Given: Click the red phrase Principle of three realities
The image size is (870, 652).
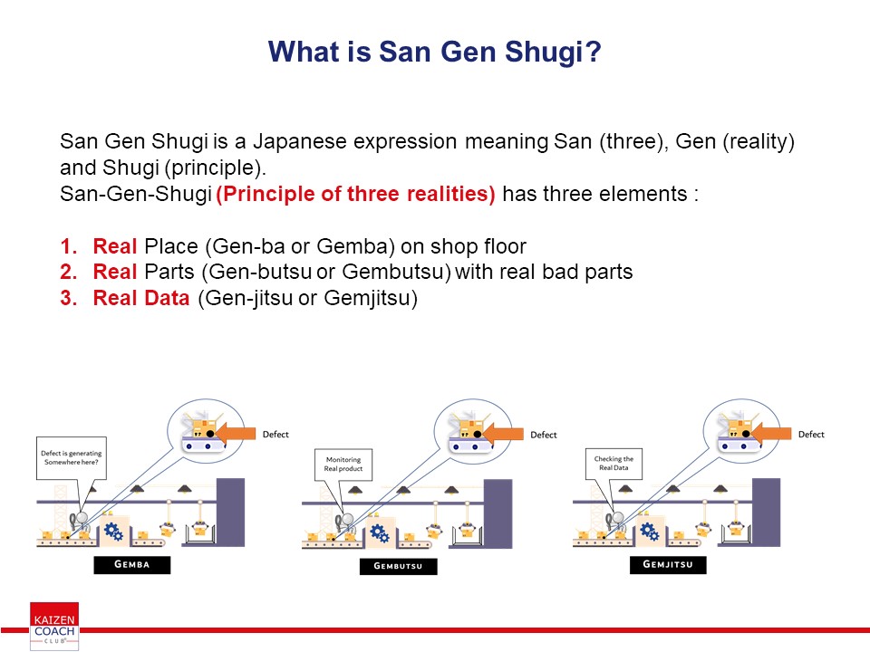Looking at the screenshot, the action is pyautogui.click(x=355, y=194).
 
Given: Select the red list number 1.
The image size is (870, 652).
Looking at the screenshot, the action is pyautogui.click(x=68, y=246).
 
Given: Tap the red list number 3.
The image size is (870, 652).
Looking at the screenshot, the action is pyautogui.click(x=68, y=298).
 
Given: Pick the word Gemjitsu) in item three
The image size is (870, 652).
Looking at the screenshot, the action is pyautogui.click(x=371, y=298).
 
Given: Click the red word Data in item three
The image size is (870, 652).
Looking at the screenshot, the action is pyautogui.click(x=166, y=298).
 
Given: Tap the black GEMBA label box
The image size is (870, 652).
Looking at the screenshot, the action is pyautogui.click(x=132, y=564).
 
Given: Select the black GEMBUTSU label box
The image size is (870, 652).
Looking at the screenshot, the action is pyautogui.click(x=399, y=566).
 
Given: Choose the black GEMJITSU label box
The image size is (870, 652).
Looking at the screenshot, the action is pyautogui.click(x=668, y=564).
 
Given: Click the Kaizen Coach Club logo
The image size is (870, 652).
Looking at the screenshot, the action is pyautogui.click(x=54, y=626).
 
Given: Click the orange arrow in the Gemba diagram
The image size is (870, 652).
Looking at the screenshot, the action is pyautogui.click(x=236, y=433).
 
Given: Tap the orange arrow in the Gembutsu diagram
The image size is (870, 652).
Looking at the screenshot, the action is pyautogui.click(x=503, y=433).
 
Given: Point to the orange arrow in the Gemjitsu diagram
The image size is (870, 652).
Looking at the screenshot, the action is pyautogui.click(x=771, y=433).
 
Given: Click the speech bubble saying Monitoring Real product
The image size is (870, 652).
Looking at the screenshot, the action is pyautogui.click(x=343, y=464).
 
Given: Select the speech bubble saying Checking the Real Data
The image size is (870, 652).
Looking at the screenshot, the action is pyautogui.click(x=614, y=464).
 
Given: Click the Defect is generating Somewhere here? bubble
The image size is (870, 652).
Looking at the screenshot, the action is pyautogui.click(x=72, y=458).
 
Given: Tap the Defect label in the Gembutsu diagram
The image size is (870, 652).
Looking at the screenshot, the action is pyautogui.click(x=543, y=435).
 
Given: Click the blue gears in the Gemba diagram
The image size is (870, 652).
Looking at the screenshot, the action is pyautogui.click(x=114, y=532).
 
